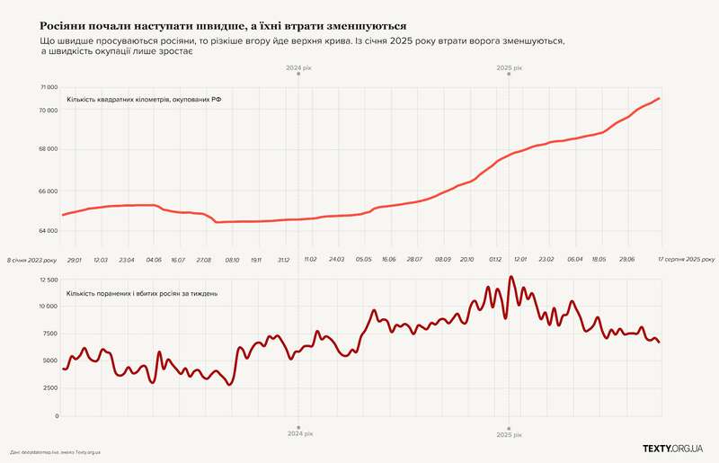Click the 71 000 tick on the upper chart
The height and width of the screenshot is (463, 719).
point(47,88)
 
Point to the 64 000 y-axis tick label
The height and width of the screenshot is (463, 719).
point(47,231)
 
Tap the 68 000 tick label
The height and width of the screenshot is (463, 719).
point(47,149)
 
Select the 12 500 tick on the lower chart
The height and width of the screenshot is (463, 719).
point(47,281)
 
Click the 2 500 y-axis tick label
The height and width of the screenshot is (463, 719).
point(49,388)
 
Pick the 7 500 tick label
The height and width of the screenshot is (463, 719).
point(49,334)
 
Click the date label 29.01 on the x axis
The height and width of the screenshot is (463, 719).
point(74,259)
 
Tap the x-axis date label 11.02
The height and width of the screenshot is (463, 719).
point(311,259)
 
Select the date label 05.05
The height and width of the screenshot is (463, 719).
point(363,259)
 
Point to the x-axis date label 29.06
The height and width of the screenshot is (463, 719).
point(626,259)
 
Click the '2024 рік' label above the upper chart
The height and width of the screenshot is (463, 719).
point(298,68)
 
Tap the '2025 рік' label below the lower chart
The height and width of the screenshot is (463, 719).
point(510,434)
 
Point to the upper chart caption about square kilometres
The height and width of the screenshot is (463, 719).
point(144,99)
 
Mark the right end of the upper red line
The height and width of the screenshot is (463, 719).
point(660,98)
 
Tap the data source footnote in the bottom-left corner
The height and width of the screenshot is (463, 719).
point(56,452)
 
